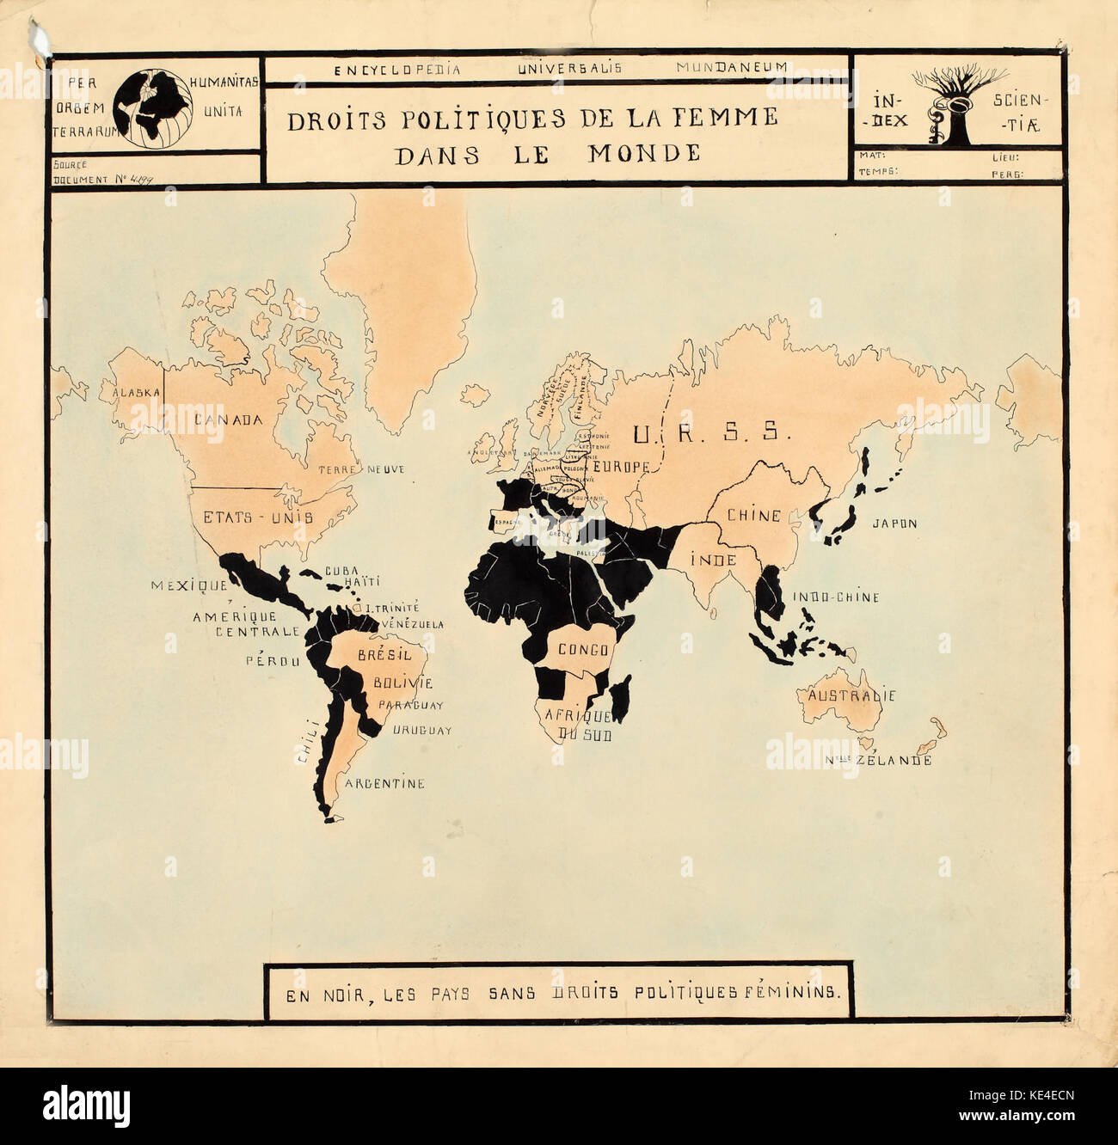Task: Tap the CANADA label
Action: click(228, 419)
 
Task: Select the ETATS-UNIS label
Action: click(257, 517)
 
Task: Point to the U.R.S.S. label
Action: click(710, 433)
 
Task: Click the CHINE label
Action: click(754, 516)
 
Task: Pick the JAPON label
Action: click(894, 523)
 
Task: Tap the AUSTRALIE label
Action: click(851, 695)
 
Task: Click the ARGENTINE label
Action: click(384, 784)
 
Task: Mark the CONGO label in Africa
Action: click(584, 650)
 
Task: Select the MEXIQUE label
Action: click(189, 585)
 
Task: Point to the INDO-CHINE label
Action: click(836, 597)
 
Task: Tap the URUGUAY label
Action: click(422, 731)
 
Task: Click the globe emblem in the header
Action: click(152, 108)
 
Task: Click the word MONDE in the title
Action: click(644, 154)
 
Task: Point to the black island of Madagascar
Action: click(622, 697)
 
